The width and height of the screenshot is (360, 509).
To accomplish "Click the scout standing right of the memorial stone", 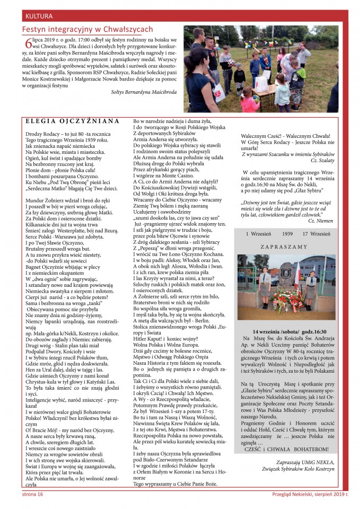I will (313, 285).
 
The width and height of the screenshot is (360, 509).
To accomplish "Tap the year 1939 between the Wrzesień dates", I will (287, 219).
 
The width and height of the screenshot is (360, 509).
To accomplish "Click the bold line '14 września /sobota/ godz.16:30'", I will (289, 331).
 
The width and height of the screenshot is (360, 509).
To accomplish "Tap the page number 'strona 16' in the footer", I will (32, 494).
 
